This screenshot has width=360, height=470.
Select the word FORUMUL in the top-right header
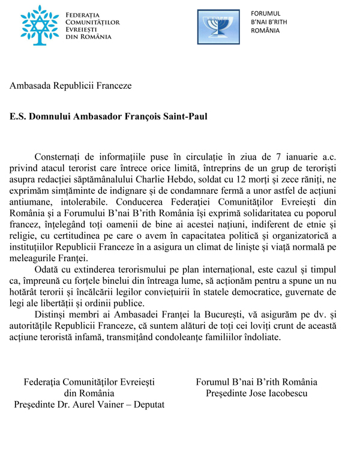pos(266,13)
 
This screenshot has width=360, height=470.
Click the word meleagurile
pos(34,255)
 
